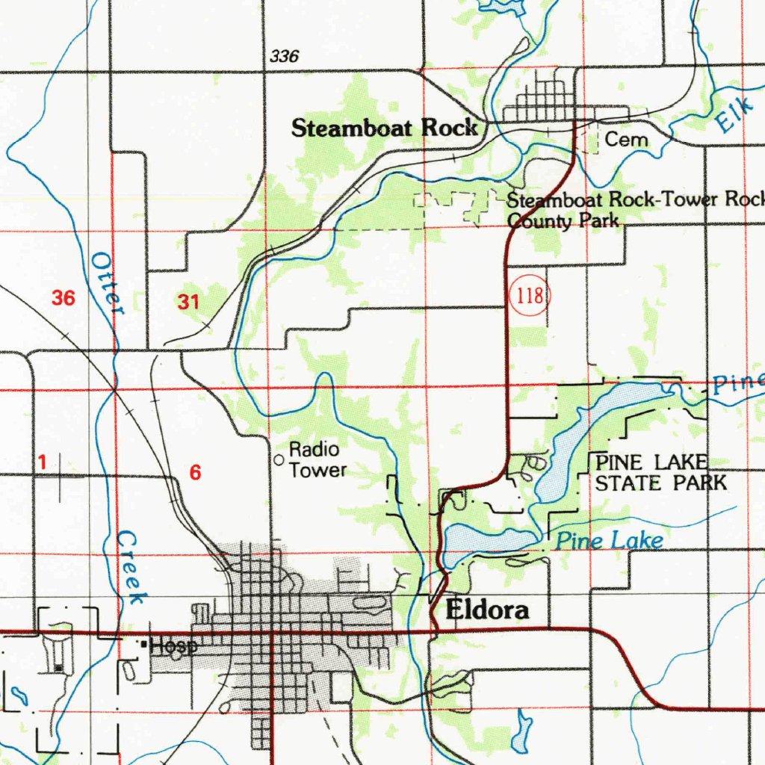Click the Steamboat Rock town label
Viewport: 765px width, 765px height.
pos(384,128)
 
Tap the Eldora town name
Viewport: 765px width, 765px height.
pos(487,610)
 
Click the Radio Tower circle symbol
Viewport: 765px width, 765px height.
pos(279,460)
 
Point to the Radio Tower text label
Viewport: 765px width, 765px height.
pos(318,459)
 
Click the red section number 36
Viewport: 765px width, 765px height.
pos(64,299)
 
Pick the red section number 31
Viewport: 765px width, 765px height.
pos(189,302)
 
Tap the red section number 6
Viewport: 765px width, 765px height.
pos(195,472)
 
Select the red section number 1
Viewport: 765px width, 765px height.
pos(43,463)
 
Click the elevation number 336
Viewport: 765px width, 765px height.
pos(284,57)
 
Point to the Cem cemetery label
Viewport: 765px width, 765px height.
pos(626,140)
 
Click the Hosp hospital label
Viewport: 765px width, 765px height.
pos(173,646)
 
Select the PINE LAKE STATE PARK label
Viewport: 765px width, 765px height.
pos(660,473)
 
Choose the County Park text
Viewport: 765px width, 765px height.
pos(563,221)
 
